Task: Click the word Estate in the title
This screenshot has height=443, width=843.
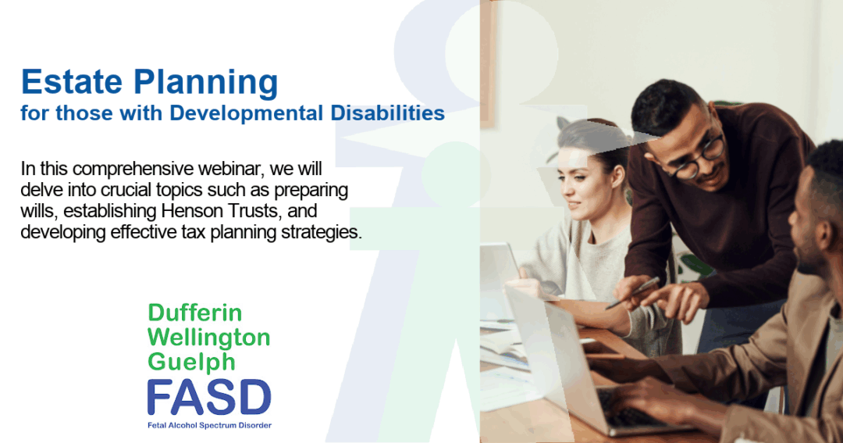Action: (x=72, y=82)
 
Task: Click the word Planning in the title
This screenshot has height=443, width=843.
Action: (x=205, y=84)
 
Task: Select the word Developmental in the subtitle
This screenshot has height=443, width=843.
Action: (x=247, y=113)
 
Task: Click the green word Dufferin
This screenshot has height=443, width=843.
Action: (x=194, y=313)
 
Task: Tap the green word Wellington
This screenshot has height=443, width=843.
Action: (x=208, y=338)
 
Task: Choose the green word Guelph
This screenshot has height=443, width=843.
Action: (x=191, y=362)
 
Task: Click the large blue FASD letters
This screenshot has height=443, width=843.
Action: (x=209, y=397)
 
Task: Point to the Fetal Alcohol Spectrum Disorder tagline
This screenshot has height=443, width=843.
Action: (x=209, y=425)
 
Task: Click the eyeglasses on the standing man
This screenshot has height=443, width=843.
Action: (x=696, y=158)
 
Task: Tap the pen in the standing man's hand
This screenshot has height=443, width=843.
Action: (x=633, y=293)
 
